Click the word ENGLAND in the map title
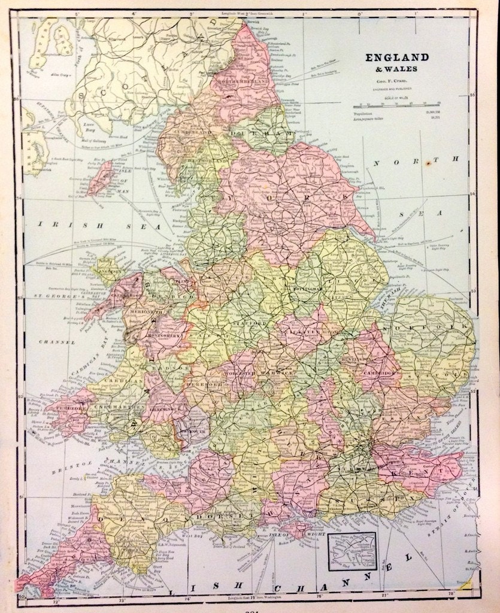click(398, 57)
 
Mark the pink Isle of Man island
click(100, 177)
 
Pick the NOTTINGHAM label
click(307, 288)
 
